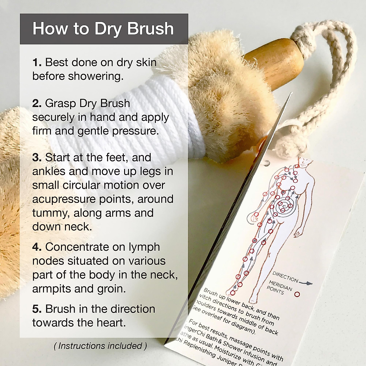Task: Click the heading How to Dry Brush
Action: (103, 29)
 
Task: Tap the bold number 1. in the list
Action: (37, 63)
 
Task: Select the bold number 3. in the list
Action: (37, 158)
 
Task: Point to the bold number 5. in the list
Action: (37, 309)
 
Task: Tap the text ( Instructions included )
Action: (100, 346)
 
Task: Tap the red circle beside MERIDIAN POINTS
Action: (297, 295)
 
